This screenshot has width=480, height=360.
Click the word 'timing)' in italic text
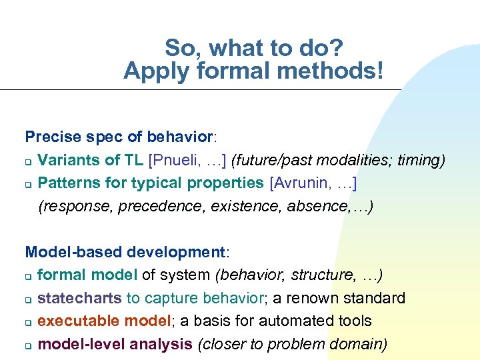(x=421, y=160)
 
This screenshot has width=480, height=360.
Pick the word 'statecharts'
(x=79, y=298)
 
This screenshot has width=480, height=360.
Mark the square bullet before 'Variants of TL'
(x=29, y=161)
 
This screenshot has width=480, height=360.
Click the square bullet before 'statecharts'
(x=29, y=299)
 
